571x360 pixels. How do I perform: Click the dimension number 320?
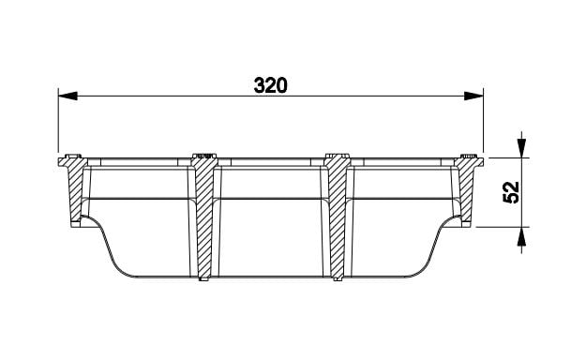click(270, 85)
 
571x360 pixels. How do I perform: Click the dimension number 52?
click(511, 192)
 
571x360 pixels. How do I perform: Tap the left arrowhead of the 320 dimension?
click(68, 97)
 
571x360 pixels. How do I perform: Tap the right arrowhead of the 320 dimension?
click(473, 97)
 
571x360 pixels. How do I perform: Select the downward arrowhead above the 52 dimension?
click(522, 148)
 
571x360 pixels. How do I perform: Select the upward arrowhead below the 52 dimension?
click(522, 236)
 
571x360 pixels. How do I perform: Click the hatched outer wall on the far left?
click(74, 189)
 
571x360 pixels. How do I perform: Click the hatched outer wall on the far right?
click(468, 189)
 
